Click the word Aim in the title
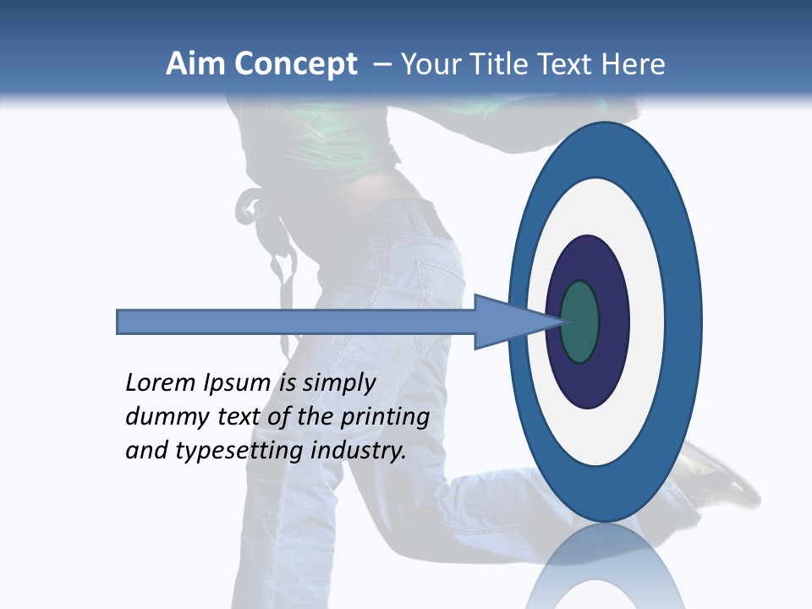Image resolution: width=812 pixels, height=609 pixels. [x=195, y=64]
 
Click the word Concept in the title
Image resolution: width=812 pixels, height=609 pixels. [x=294, y=64]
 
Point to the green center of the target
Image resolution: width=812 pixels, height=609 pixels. [x=580, y=322]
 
